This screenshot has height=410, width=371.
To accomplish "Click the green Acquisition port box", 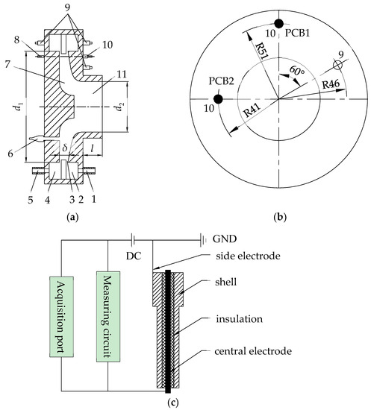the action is (61, 317).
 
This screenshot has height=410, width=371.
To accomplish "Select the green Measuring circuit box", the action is (108, 317).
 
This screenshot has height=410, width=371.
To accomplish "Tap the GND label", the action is (225, 239).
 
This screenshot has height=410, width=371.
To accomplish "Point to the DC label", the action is (134, 256).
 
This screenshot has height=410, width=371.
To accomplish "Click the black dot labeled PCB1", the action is (278, 23).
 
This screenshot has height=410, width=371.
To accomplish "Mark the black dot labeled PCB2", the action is (218, 99).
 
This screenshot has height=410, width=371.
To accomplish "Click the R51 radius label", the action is (261, 51).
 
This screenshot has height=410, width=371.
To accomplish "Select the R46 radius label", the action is (331, 84).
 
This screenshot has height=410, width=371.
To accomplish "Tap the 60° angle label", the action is (297, 71).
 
